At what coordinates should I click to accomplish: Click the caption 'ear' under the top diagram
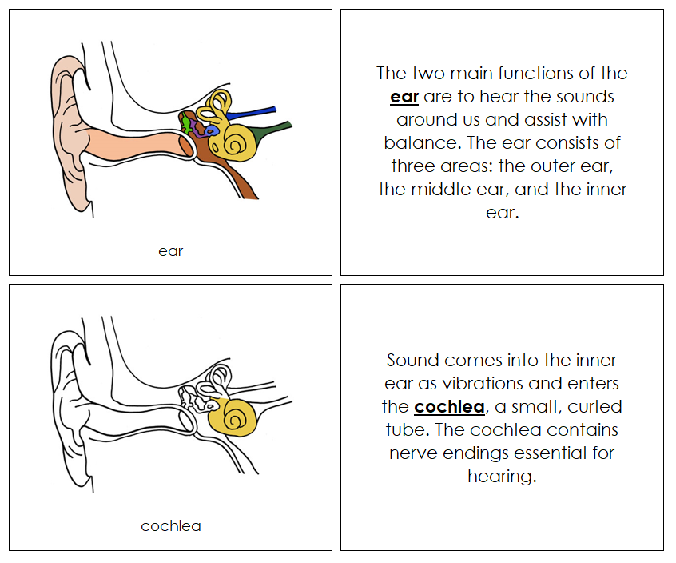(x=170, y=251)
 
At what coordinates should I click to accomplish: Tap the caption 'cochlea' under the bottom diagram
(x=170, y=526)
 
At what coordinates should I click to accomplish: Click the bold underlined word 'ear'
(x=404, y=98)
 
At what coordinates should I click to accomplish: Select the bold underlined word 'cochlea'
(x=449, y=407)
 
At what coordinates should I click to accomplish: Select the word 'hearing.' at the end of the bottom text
(x=501, y=477)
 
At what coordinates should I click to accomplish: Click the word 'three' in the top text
(x=412, y=167)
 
